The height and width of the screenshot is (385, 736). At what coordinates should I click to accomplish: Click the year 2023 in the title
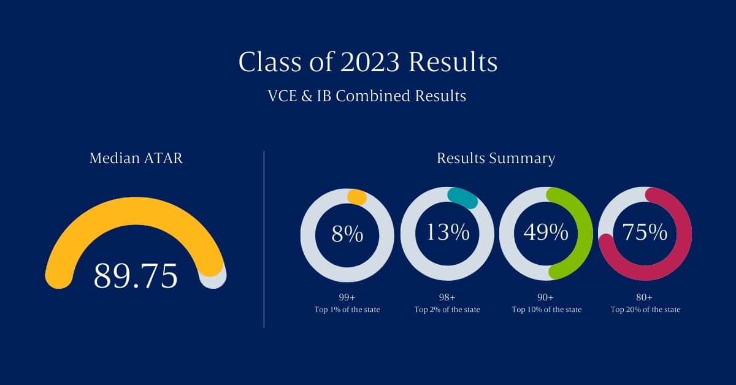click(x=370, y=62)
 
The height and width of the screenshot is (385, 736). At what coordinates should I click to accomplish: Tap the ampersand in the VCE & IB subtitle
click(x=306, y=96)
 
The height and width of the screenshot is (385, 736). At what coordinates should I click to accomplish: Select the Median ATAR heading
click(x=136, y=158)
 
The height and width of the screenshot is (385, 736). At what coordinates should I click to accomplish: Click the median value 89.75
click(x=136, y=276)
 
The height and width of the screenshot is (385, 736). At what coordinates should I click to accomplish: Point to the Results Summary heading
click(x=496, y=158)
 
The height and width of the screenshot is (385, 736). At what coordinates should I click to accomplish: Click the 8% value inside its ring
click(x=347, y=234)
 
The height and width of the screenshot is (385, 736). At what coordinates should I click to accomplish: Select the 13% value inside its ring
click(x=448, y=232)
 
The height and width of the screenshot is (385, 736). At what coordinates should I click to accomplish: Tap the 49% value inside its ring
click(x=546, y=232)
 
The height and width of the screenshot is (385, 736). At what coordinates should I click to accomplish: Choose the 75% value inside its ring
click(x=645, y=232)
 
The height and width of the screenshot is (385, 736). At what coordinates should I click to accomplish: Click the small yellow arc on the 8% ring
click(x=357, y=197)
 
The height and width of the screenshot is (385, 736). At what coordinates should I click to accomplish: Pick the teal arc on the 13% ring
click(x=462, y=198)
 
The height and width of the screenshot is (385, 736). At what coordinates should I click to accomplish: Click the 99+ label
click(x=347, y=297)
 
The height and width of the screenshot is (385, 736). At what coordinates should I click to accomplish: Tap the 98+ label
click(x=447, y=297)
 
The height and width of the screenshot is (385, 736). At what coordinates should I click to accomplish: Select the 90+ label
click(x=545, y=297)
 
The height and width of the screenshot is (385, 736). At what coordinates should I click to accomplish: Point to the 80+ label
click(x=645, y=297)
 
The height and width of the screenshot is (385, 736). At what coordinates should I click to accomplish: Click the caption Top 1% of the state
click(x=347, y=310)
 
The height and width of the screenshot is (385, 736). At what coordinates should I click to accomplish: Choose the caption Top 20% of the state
click(x=645, y=310)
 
